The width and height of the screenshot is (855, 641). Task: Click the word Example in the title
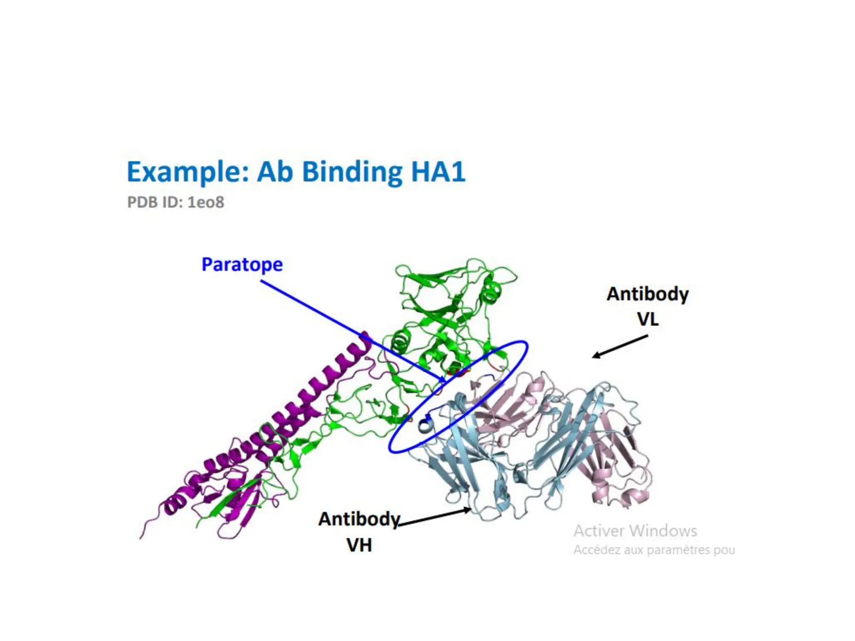pyautogui.click(x=188, y=172)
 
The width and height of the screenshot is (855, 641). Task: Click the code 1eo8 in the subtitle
pyautogui.click(x=205, y=202)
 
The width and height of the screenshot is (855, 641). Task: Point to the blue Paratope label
pyautogui.click(x=242, y=265)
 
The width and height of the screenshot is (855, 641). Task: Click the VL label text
pyautogui.click(x=648, y=320)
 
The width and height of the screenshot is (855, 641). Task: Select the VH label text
pyautogui.click(x=359, y=545)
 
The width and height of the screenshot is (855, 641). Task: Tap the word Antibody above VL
pyautogui.click(x=648, y=294)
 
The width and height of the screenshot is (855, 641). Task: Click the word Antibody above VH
pyautogui.click(x=359, y=519)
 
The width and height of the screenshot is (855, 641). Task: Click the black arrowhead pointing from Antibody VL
pyautogui.click(x=595, y=356)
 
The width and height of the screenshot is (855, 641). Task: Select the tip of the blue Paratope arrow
pyautogui.click(x=444, y=381)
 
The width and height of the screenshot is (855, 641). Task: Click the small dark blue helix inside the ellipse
pyautogui.click(x=425, y=425)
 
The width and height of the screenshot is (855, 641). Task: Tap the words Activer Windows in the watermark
pyautogui.click(x=635, y=531)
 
